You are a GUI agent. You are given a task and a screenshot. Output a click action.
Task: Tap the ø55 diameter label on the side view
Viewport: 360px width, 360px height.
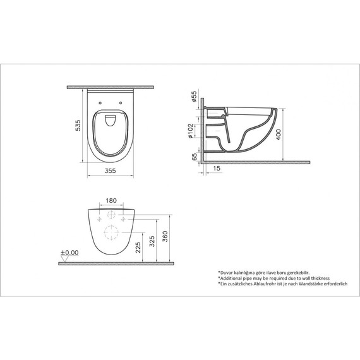[193, 99]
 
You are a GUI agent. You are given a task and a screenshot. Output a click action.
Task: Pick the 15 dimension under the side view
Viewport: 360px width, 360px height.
[217, 167]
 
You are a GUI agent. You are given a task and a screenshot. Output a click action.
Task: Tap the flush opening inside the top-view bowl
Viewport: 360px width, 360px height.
[111, 120]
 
